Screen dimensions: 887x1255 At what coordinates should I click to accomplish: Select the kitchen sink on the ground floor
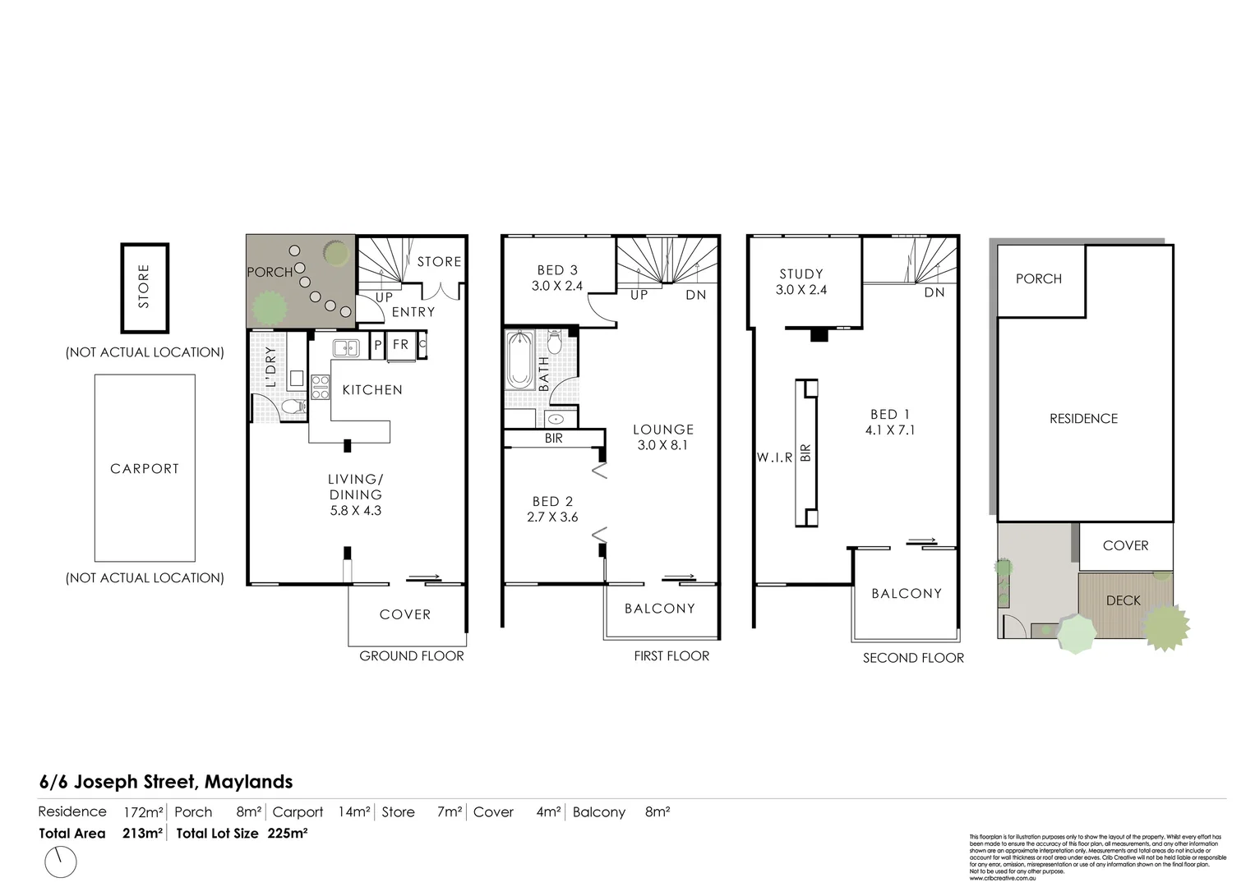pos(346,348)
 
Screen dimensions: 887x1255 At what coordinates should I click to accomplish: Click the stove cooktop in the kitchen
pos(320,386)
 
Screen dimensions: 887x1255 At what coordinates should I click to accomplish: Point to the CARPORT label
pos(145,469)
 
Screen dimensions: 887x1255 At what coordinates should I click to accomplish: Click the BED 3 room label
pos(557,270)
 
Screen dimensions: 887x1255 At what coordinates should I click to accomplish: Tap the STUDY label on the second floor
pos(801,274)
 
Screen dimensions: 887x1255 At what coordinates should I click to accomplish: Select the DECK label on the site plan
pos(1123,600)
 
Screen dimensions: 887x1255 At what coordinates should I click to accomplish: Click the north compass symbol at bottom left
pos(59,862)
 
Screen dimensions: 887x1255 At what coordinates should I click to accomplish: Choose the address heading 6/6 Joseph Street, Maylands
pos(166,782)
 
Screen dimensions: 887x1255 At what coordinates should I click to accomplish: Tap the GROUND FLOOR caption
pos(412,656)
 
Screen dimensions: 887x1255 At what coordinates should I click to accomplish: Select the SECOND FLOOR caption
pos(913,658)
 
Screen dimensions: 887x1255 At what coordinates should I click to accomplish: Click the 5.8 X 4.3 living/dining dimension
pos(355,510)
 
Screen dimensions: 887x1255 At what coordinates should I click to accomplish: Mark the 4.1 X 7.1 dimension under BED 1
pos(889,430)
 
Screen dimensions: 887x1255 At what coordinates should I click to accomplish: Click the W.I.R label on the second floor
pos(775,457)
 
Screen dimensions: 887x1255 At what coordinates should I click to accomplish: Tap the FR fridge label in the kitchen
pos(400,345)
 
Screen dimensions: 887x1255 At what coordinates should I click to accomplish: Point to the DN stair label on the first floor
pos(695,295)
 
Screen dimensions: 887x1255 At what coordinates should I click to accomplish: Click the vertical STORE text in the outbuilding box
pos(145,287)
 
